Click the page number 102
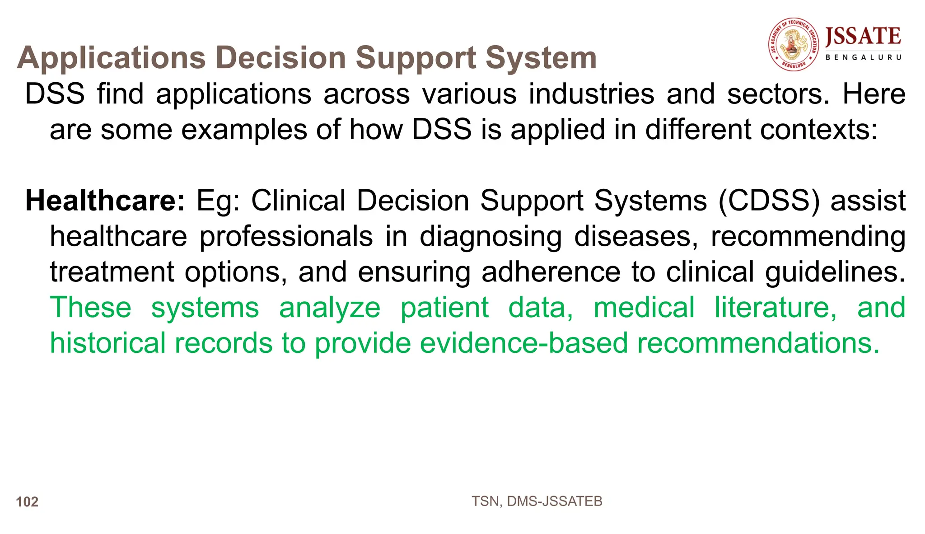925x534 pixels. click(27, 502)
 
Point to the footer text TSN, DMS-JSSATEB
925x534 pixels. click(537, 501)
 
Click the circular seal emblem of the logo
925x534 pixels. click(794, 44)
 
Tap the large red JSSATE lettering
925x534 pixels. click(863, 36)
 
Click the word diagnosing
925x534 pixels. click(491, 236)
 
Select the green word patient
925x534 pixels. click(444, 308)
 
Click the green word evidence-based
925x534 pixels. click(524, 343)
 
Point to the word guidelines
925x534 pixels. click(835, 272)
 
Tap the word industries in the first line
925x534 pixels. click(591, 94)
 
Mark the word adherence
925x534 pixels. click(551, 272)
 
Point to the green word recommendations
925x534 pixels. click(758, 343)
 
